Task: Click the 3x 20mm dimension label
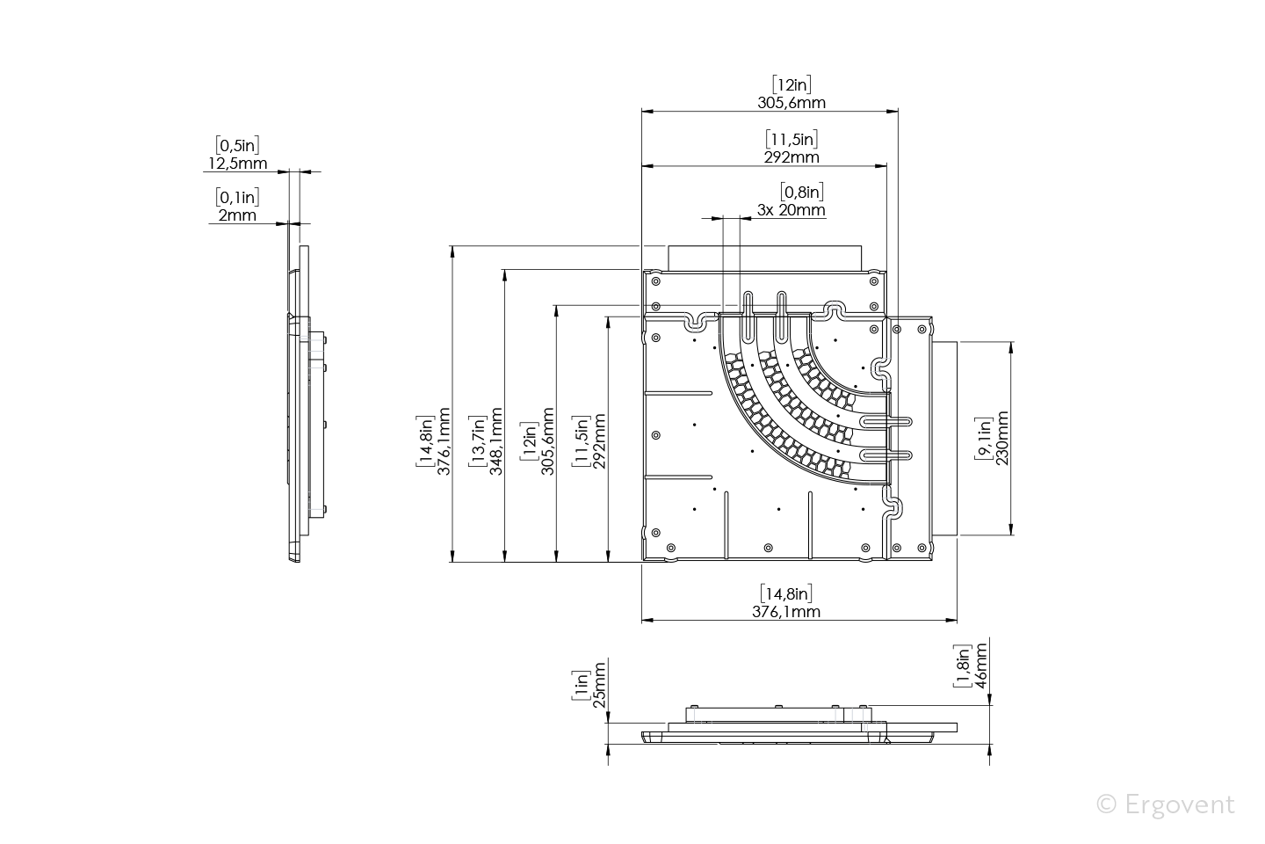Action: coord(792,210)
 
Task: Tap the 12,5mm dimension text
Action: coord(238,164)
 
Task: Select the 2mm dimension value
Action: coord(237,215)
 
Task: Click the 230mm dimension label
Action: coord(1002,438)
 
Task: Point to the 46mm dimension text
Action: coord(981,666)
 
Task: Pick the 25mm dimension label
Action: coord(600,685)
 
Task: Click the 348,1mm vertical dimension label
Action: coord(495,441)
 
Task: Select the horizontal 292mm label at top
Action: coord(792,157)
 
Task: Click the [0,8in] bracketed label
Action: coord(802,193)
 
